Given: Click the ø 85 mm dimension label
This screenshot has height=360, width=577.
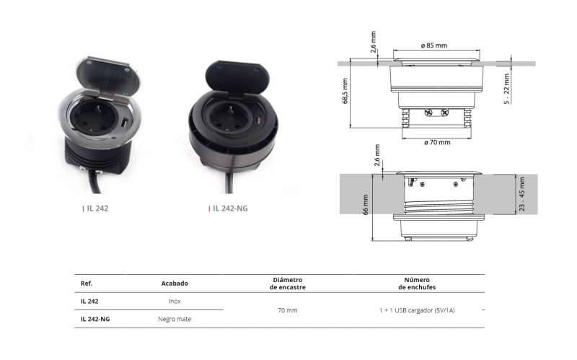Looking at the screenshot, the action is [434, 45].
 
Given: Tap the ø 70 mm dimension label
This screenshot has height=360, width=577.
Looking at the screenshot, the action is [437, 142].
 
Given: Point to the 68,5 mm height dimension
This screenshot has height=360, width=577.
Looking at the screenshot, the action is [345, 91].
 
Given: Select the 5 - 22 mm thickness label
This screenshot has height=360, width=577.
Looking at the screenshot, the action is [507, 89].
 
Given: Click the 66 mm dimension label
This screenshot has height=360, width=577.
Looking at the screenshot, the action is [366, 205].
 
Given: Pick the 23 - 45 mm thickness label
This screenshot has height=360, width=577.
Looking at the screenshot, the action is [522, 194].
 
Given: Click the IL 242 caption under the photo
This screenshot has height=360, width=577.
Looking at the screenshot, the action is [97, 208].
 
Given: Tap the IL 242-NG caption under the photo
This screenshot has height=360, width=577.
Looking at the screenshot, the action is [230, 208].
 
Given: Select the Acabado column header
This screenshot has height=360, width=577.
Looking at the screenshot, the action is [175, 284].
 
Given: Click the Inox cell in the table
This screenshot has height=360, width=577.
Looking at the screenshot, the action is [175, 301].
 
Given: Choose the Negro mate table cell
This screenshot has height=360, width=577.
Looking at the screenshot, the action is [175, 319].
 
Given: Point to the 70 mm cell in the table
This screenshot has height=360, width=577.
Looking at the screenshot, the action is [287, 310].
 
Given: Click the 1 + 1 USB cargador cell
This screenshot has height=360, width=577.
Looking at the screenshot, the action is [417, 310].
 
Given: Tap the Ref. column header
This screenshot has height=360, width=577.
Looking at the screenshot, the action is [87, 284].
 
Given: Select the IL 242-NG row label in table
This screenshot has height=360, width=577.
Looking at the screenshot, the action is [95, 319].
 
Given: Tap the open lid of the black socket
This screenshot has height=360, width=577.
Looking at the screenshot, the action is [237, 79].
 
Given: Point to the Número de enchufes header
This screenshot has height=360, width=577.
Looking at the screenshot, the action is [417, 284].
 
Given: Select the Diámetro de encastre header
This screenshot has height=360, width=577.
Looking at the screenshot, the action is [287, 284].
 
